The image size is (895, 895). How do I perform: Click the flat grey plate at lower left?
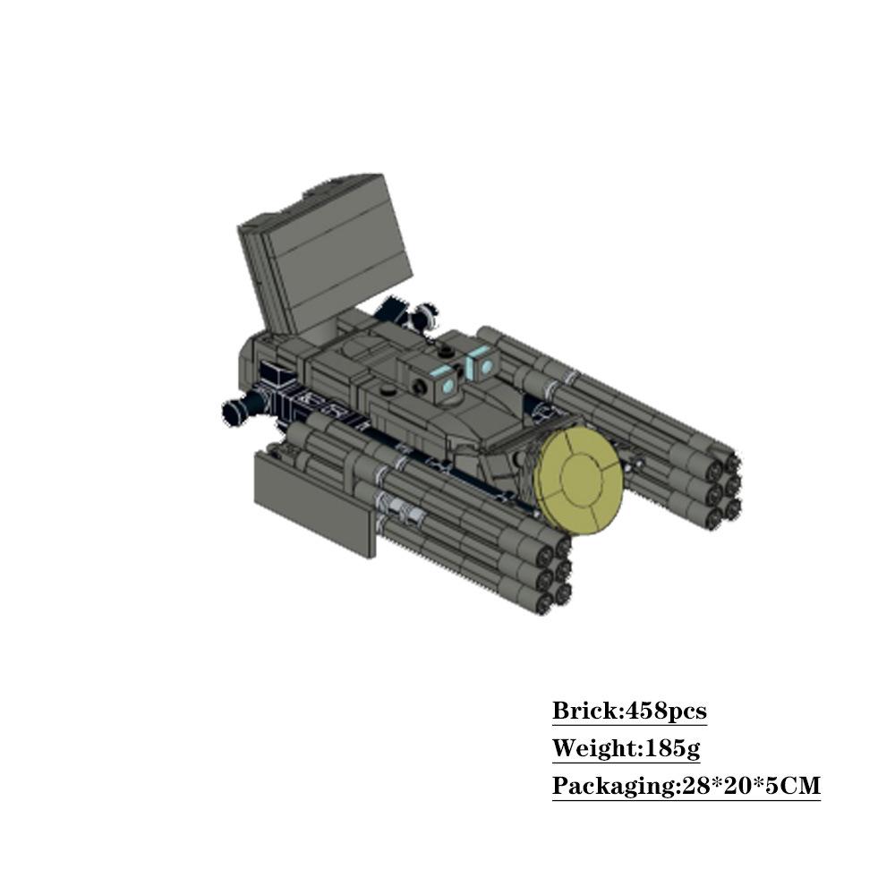click(x=315, y=503)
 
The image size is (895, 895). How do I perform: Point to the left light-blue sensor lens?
click(x=448, y=388)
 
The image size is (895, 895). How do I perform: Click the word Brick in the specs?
click(x=585, y=712)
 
